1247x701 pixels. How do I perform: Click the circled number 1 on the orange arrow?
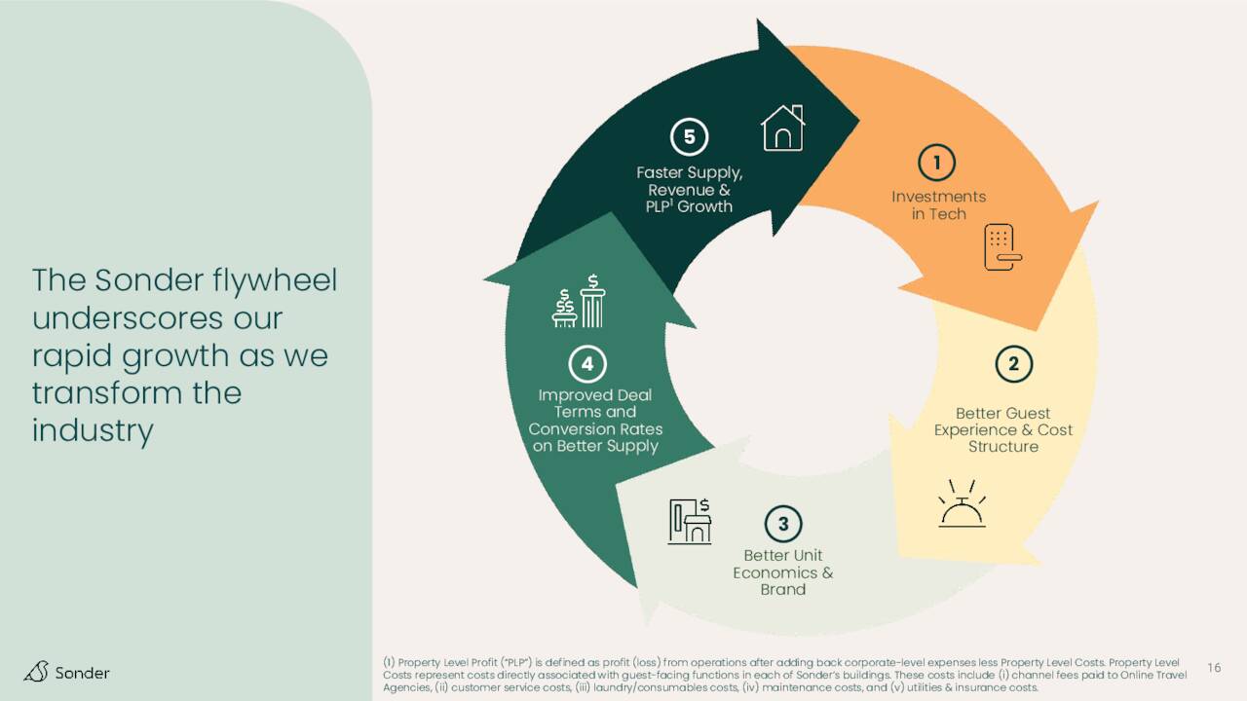coord(937,163)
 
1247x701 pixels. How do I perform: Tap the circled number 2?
coord(1014,364)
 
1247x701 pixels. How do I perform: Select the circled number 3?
coord(783,524)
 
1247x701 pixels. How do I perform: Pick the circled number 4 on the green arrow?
coord(587,364)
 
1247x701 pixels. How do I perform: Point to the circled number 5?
coord(689,136)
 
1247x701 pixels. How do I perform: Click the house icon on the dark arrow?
coord(782,128)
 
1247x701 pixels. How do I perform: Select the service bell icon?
coord(962,503)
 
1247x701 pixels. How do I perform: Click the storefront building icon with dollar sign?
coord(690,521)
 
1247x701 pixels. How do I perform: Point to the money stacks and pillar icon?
coord(579,301)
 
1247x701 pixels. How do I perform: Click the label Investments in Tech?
coord(938,204)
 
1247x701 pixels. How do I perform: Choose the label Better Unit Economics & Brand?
coord(782,572)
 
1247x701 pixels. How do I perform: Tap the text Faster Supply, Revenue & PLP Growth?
coord(689,189)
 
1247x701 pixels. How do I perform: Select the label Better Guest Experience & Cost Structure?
coord(1003,429)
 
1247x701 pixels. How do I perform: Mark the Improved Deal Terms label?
coord(595,420)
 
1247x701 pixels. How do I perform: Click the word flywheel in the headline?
coord(275,280)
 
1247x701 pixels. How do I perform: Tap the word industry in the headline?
coord(93,430)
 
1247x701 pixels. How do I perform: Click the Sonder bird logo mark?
coord(36,672)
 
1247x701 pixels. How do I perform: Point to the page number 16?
coord(1214,668)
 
